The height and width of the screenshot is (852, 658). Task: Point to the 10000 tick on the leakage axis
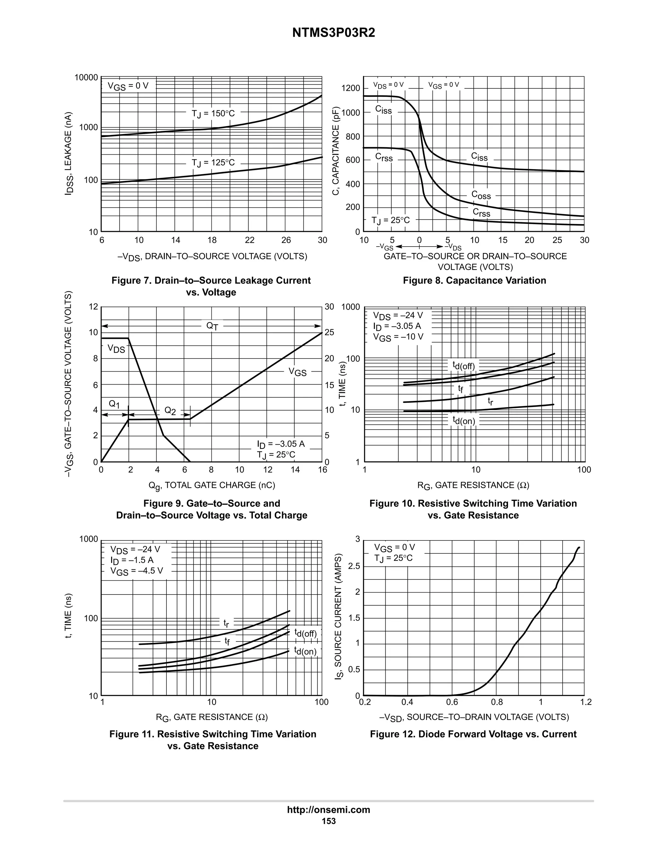tap(86, 77)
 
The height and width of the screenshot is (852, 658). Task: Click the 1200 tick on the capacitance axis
tap(351, 88)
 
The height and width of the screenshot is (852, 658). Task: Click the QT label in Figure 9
tap(212, 326)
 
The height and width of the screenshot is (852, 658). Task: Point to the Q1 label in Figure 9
tap(114, 404)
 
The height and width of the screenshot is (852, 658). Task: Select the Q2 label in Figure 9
tap(170, 410)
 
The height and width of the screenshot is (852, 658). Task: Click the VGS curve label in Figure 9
tap(298, 372)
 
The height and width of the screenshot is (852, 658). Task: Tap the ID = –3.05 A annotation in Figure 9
tap(281, 444)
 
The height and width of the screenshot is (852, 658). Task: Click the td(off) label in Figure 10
tap(464, 366)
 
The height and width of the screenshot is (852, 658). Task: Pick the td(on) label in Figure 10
tap(464, 421)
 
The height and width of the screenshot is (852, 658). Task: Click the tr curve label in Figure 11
tap(226, 623)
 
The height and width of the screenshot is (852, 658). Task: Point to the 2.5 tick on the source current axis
tap(354, 566)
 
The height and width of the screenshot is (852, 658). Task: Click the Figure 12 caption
tap(473, 734)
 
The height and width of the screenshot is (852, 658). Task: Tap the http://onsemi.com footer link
tap(328, 810)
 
